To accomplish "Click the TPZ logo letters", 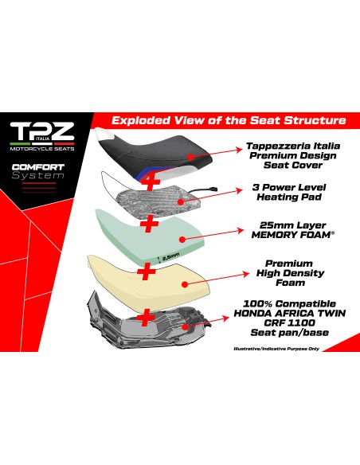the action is [x=42, y=131].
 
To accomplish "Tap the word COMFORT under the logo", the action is [x=38, y=167].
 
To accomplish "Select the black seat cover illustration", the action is [x=154, y=154].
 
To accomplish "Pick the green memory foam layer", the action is [x=151, y=236].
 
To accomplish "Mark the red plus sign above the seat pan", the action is [x=145, y=318].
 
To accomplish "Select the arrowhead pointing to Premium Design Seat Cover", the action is [x=239, y=150].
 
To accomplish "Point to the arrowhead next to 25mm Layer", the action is [x=240, y=230].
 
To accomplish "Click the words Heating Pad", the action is [x=289, y=197].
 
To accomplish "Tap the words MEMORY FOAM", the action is [x=291, y=235].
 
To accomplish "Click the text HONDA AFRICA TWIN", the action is [x=290, y=313].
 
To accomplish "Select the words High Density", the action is [x=291, y=273].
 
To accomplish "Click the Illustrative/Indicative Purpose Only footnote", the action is [x=276, y=349].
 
